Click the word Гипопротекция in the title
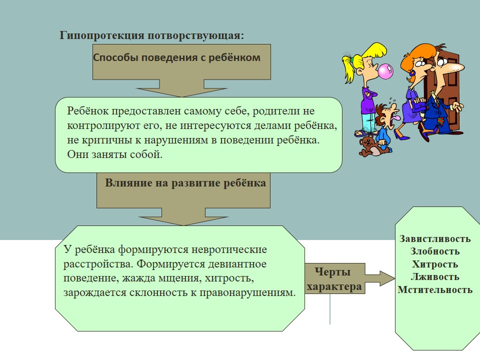(102, 35)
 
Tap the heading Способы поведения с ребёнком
(176, 57)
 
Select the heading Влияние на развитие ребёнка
(185, 183)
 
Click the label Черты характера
(334, 279)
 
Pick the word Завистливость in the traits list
(434, 239)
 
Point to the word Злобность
(435, 251)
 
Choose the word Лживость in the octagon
(434, 276)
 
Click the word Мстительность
(435, 289)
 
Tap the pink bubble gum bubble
(385, 71)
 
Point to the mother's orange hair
(413, 59)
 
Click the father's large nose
(455, 66)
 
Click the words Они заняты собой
(114, 154)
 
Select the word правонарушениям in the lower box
(247, 292)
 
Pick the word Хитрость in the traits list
(435, 264)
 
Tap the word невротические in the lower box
(229, 249)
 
